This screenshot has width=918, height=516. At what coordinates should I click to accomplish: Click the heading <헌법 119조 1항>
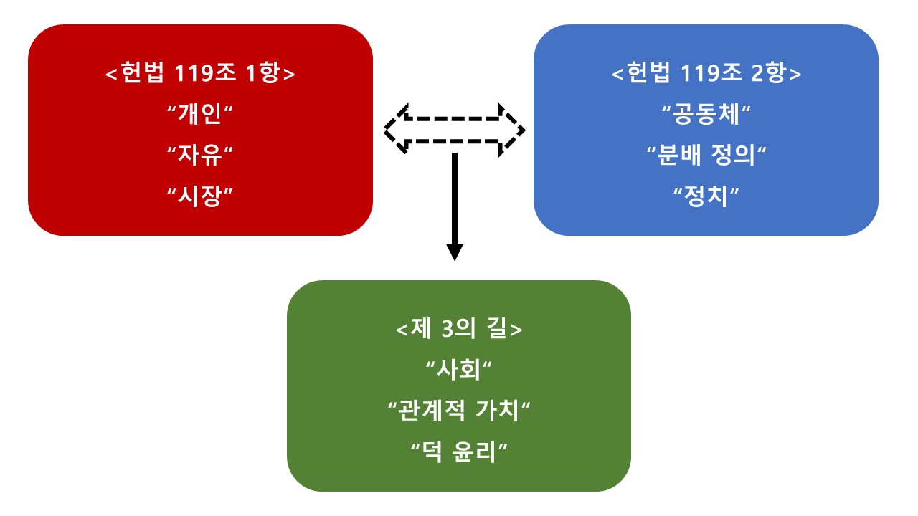click(200, 73)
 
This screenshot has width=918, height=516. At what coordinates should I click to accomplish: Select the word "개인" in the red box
click(200, 114)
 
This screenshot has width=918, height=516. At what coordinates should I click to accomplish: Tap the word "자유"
click(200, 156)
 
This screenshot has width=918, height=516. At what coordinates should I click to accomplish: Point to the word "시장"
click(200, 196)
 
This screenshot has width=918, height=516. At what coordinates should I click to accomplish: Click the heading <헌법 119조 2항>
click(706, 73)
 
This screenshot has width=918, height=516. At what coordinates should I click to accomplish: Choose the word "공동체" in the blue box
click(706, 114)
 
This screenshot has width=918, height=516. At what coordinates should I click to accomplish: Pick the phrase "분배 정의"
click(706, 156)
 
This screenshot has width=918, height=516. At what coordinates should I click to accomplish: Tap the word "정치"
click(706, 196)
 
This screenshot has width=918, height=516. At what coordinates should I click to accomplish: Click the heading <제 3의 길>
click(459, 329)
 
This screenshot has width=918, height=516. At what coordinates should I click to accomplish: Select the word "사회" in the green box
click(459, 370)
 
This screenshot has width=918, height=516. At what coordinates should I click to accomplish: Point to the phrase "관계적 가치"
click(459, 411)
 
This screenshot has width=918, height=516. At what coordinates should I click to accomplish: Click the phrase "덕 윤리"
click(459, 452)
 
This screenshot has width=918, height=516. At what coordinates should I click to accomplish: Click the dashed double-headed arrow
click(455, 118)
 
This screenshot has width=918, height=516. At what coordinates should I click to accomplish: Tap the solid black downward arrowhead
click(455, 252)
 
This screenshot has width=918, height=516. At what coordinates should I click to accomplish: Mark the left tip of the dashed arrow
click(384, 130)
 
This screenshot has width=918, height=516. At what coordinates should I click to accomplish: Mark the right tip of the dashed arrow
click(524, 130)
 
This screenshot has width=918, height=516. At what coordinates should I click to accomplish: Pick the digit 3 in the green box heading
click(448, 329)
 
